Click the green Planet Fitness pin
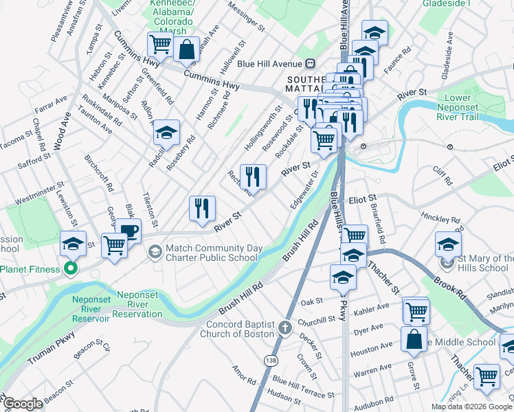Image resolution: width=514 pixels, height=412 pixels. click(x=70, y=268)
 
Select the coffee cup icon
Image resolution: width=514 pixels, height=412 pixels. click(x=128, y=231)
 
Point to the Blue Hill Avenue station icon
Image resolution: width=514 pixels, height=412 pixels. click(x=310, y=64)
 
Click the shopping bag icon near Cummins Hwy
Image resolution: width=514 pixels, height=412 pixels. click(x=186, y=49)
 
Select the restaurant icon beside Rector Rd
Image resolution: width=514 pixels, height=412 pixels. click(x=253, y=177)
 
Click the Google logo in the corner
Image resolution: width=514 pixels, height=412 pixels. click(x=23, y=404)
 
